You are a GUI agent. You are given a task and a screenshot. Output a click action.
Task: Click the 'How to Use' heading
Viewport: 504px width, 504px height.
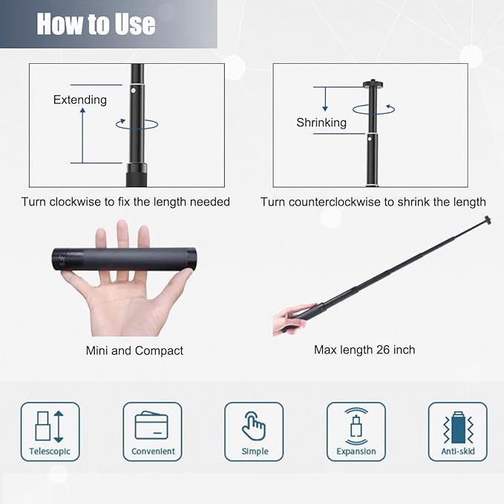tap(96, 24)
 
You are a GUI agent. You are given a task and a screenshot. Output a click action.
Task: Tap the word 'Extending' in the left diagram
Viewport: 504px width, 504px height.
tap(79, 99)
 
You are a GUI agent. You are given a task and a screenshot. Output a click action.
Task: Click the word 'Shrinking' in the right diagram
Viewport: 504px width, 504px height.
tap(321, 122)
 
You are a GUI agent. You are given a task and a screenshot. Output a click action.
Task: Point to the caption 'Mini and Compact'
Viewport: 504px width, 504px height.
tap(134, 350)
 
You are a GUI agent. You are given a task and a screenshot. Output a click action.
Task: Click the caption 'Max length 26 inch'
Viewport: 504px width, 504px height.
tap(364, 350)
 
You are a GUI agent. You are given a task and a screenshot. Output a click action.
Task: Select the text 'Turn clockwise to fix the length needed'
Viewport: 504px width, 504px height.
tap(125, 202)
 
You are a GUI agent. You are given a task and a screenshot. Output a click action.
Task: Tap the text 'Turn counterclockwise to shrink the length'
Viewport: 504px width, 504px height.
tap(373, 202)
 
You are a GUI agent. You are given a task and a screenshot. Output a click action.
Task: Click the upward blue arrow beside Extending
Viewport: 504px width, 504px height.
tap(82, 134)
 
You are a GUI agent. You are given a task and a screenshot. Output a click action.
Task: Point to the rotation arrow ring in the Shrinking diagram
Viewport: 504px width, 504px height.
tap(374, 108)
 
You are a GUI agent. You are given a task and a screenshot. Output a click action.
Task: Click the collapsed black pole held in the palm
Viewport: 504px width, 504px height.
tap(122, 258)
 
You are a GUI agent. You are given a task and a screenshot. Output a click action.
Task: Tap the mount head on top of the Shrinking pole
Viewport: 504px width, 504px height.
tap(373, 84)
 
